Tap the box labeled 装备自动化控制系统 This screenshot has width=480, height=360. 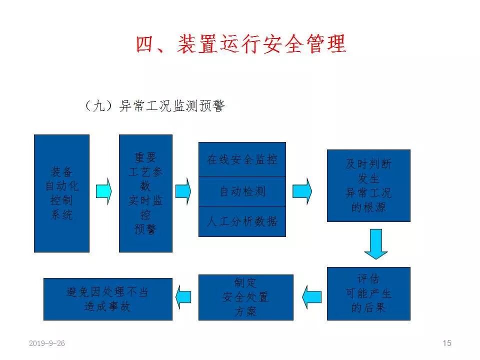(61, 193)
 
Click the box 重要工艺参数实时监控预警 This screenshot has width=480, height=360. (145, 193)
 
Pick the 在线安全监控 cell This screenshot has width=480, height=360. (242, 159)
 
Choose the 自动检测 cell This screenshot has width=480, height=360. (242, 191)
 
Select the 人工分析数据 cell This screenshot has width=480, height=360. (242, 221)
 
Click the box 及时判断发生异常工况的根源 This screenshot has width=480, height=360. (368, 185)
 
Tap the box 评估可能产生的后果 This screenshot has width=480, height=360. (368, 293)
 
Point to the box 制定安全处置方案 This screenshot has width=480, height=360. (245, 297)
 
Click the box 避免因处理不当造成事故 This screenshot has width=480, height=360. (107, 299)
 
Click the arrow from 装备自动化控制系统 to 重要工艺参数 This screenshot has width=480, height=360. (103, 190)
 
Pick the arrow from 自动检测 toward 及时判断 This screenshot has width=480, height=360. (302, 191)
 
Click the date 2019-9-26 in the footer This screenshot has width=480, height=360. (47, 343)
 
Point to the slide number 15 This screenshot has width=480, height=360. (446, 343)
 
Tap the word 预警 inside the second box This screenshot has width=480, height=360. (145, 229)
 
